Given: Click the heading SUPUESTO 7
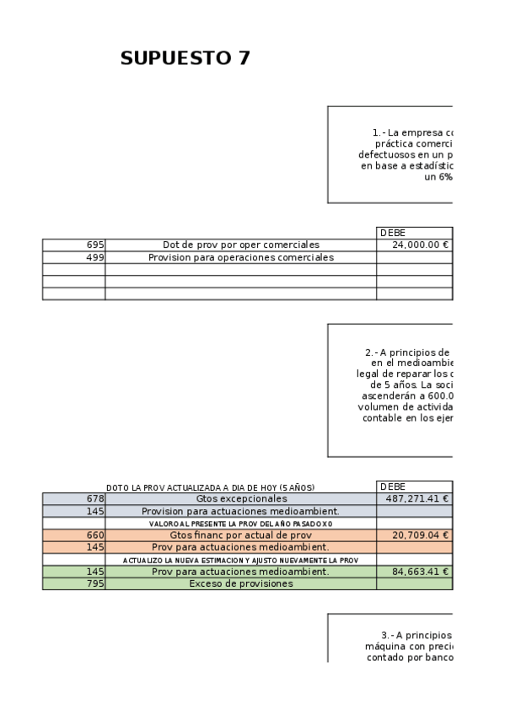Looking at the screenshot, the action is coord(185,58).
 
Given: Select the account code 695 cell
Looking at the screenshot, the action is coord(74,245).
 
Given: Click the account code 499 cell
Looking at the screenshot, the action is coord(74,257).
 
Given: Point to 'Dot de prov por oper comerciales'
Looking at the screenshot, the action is coord(240,245).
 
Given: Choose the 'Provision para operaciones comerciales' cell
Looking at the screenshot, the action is coord(240,257).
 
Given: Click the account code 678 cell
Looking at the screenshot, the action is coord(74,498).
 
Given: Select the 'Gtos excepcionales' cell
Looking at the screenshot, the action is coord(240,498).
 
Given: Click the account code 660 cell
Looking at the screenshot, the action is coord(74,535).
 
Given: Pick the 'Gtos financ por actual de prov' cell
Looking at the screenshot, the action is coord(240,535).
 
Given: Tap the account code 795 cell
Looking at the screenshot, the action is coord(74,583).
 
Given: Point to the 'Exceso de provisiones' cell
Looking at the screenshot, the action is coord(240,583).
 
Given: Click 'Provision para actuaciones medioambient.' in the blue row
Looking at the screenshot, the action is coord(240,511).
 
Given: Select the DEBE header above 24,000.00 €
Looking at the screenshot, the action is coord(393,233).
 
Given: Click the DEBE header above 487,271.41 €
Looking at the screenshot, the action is coord(393,487).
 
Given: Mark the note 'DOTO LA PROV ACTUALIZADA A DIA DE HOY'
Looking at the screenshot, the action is coord(216,487).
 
